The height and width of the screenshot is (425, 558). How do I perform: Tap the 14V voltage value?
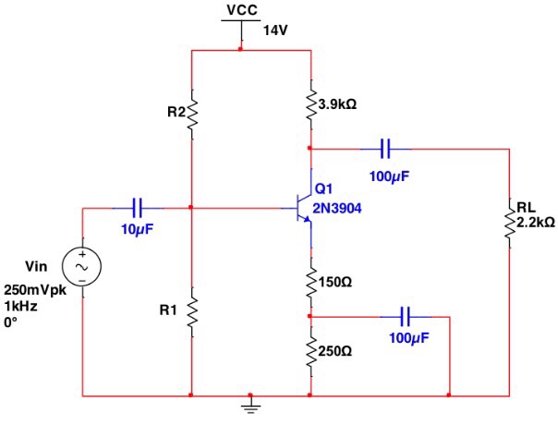(x=276, y=30)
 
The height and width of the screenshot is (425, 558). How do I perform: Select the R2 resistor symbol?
(x=191, y=113)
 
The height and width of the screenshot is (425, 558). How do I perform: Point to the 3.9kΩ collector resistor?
(x=310, y=105)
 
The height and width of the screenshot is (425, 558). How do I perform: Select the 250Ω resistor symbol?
(x=310, y=351)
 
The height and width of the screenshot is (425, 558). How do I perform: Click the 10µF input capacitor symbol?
(x=137, y=208)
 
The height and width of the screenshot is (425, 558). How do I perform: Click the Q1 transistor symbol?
(x=303, y=209)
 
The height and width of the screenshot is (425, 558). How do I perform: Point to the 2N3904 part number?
(x=337, y=208)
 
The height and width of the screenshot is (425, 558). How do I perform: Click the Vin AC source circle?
(x=81, y=266)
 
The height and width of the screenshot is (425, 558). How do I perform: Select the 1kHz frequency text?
(x=21, y=305)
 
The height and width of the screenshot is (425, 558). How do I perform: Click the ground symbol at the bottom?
(x=249, y=404)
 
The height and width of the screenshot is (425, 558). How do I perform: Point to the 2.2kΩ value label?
(x=535, y=222)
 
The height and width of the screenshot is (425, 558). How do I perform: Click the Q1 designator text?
(x=323, y=188)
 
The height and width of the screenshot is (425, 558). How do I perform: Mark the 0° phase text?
(x=11, y=322)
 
